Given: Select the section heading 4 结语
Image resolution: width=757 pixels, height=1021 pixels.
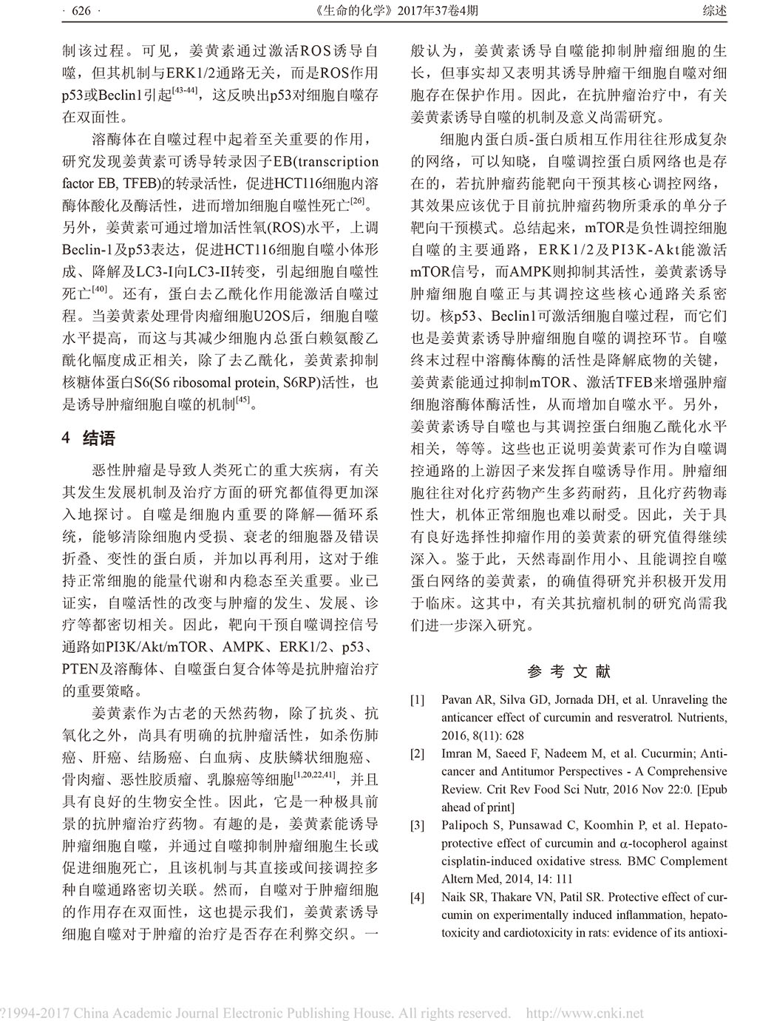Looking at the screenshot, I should click(x=89, y=438).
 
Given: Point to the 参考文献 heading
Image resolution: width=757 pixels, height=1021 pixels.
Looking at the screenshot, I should click(x=569, y=671).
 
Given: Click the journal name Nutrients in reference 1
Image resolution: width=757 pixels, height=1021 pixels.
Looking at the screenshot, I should click(x=705, y=717).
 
